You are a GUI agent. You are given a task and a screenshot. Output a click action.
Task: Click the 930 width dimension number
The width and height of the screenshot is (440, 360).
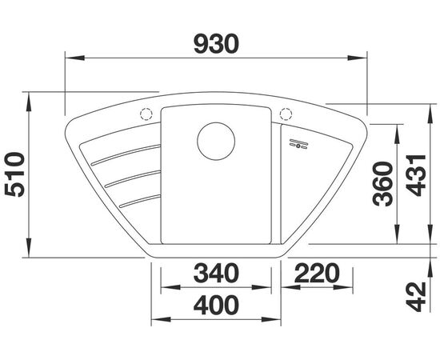click(216, 45)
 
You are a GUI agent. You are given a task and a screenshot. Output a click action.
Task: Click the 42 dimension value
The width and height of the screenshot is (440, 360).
click(416, 298)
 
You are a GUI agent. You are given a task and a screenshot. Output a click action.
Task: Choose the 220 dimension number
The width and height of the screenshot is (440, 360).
click(318, 274)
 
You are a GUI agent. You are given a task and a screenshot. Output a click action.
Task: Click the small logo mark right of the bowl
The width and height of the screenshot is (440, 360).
click(298, 142)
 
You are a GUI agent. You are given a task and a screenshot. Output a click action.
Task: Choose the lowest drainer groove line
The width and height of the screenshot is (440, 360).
click(140, 200)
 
